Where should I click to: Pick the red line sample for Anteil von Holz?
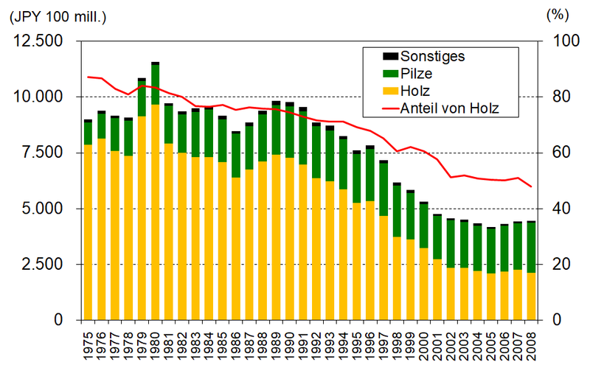(x=386, y=108)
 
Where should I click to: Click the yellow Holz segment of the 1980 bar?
(x=156, y=214)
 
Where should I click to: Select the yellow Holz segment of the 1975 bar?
(x=88, y=232)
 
